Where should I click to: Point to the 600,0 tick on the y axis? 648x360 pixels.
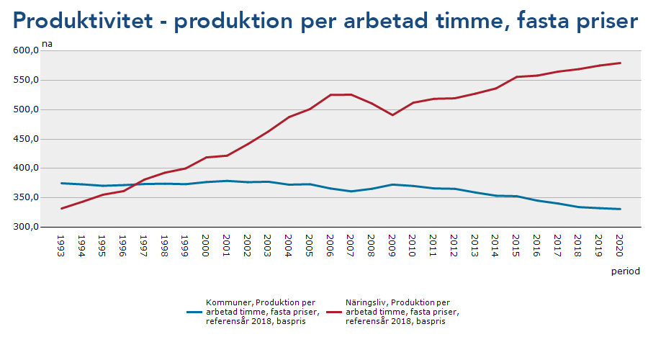(x=25, y=51)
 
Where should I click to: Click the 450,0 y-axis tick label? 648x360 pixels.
(x=25, y=139)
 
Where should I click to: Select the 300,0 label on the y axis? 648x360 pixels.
(x=25, y=227)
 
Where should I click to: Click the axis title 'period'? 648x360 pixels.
(x=625, y=271)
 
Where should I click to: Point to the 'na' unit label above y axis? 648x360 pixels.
(x=47, y=44)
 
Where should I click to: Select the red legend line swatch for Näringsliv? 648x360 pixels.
(x=333, y=312)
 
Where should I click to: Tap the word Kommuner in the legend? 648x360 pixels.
(x=227, y=302)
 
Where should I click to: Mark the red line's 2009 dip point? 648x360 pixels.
(x=392, y=114)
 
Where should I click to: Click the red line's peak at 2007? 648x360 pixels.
(x=351, y=94)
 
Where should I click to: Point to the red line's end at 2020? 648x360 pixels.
(x=620, y=63)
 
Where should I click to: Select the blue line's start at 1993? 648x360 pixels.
(x=61, y=183)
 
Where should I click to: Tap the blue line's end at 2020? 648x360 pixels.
(x=620, y=209)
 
